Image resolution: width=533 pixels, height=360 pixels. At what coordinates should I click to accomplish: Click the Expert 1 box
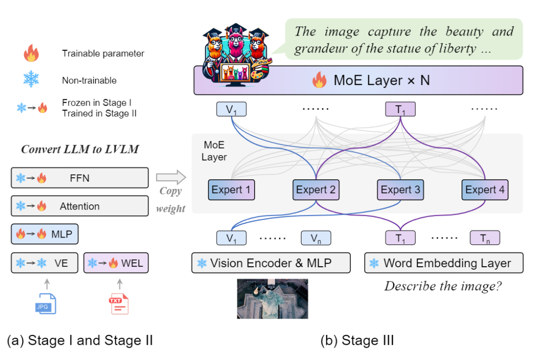pyautogui.click(x=231, y=190)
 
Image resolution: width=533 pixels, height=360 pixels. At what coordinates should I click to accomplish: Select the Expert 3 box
pyautogui.click(x=400, y=190)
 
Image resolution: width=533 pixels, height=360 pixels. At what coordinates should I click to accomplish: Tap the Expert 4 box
pyautogui.click(x=485, y=190)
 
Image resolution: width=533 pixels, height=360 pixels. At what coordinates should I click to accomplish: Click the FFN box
pyautogui.click(x=79, y=178)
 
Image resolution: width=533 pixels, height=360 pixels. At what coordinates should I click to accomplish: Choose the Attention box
pyautogui.click(x=79, y=206)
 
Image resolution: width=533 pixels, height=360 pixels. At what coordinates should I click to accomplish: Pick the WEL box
pyautogui.click(x=116, y=263)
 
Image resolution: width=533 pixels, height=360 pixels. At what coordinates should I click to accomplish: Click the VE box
pyautogui.click(x=44, y=263)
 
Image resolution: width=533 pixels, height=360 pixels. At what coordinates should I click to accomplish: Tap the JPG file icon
pyautogui.click(x=46, y=303)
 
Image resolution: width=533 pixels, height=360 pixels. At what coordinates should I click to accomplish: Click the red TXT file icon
pyautogui.click(x=118, y=303)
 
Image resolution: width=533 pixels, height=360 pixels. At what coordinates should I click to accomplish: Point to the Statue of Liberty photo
pyautogui.click(x=272, y=298)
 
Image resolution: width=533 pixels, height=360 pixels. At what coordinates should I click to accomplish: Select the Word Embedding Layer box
pyautogui.click(x=443, y=263)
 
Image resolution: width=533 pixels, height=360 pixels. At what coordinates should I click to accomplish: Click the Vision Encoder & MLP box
pyautogui.click(x=271, y=263)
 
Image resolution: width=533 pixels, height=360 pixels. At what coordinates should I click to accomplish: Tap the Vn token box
pyautogui.click(x=316, y=238)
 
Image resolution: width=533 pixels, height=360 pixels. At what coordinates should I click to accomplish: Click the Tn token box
pyautogui.click(x=485, y=238)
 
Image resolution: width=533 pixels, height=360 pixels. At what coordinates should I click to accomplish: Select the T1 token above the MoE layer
pyautogui.click(x=400, y=109)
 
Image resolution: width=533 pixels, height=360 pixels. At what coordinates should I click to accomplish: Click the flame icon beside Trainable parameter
pyautogui.click(x=31, y=53)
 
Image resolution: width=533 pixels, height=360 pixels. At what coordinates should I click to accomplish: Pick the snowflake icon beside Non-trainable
pyautogui.click(x=31, y=79)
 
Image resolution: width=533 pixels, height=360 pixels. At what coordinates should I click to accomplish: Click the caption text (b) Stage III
pyautogui.click(x=357, y=340)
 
